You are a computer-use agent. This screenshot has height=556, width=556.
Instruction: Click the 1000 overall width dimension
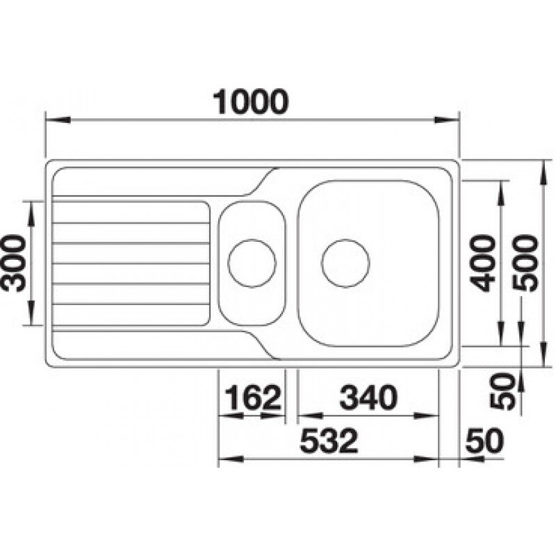coord(251,101)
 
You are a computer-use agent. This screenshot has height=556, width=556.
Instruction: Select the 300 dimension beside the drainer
coord(14,263)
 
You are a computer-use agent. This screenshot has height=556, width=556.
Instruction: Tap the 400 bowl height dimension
coord(482,263)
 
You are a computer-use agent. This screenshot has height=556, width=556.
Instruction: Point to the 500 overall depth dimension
coord(525,263)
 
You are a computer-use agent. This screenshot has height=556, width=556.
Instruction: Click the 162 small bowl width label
coord(253,397)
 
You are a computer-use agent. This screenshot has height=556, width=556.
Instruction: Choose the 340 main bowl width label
coord(368,397)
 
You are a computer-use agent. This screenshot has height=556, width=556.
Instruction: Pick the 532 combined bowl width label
coord(329,441)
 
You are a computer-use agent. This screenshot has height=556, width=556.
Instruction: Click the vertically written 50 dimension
coord(502,391)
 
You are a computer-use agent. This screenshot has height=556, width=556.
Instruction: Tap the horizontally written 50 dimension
coord(484,441)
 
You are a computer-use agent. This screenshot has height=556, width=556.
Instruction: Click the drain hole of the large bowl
coord(345,263)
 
